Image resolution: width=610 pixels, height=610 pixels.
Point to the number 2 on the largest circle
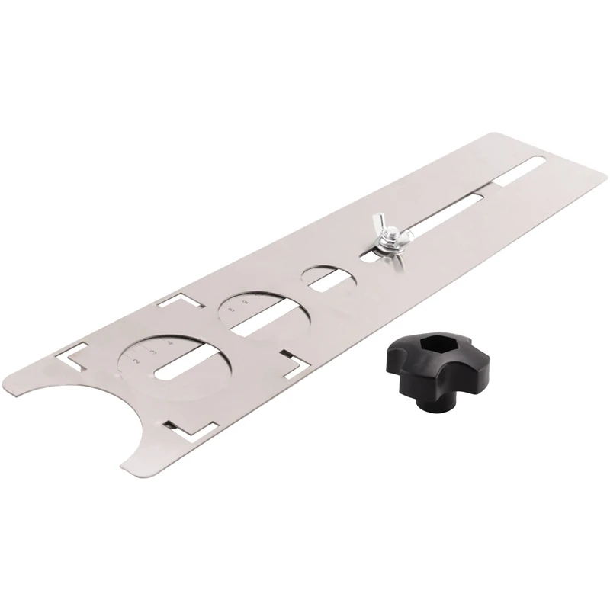135,360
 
